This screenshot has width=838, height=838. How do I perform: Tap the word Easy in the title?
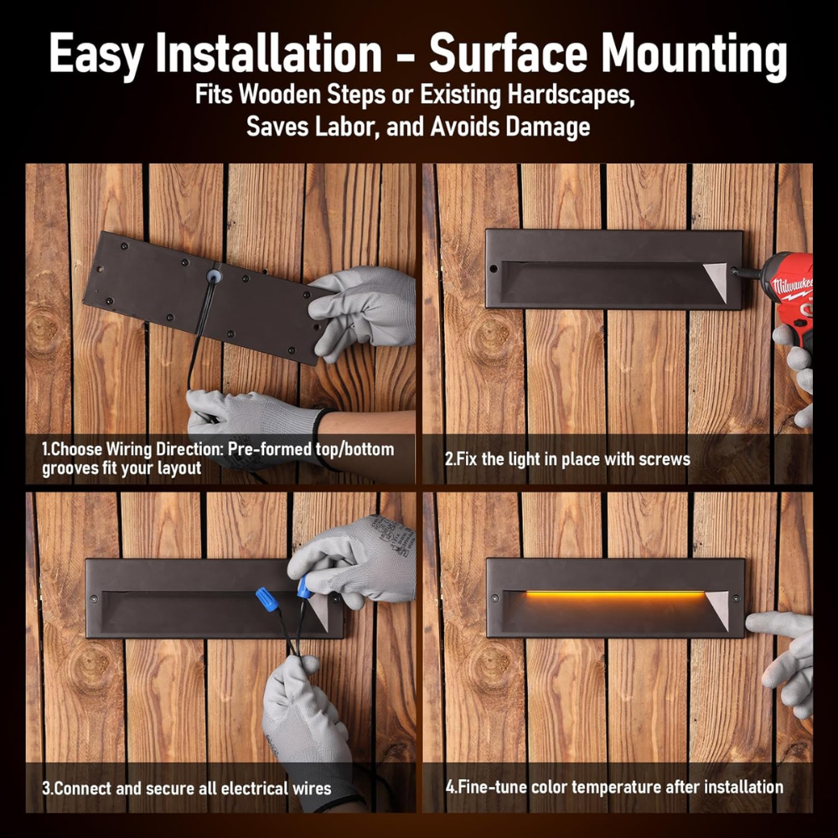coord(96,54)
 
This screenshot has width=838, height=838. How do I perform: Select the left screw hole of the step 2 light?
coord(494,268)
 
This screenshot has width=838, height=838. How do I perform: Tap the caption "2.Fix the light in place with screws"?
coord(567,459)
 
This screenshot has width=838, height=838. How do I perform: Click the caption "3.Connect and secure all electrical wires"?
coord(187,789)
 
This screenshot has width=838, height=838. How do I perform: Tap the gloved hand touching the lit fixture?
coord(783,660)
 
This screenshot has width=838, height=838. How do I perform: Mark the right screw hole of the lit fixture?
coord(736,597)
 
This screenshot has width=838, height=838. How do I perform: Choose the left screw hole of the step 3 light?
coord(94,597)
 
